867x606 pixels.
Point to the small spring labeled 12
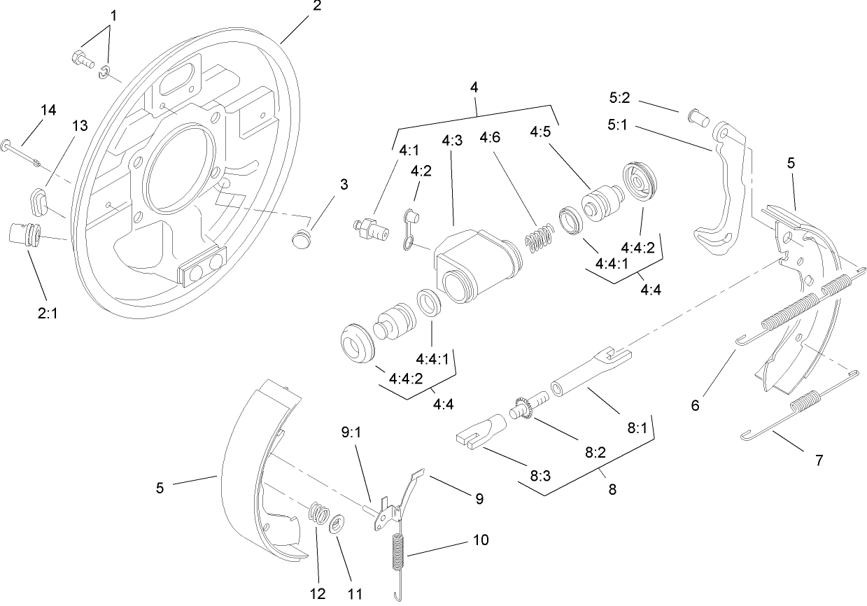coord(318,513)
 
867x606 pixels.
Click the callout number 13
coord(80,125)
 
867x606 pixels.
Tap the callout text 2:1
coord(48,315)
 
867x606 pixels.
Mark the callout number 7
coord(819,460)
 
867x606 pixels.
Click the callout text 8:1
coord(637,428)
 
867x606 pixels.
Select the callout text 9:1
coord(351,433)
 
